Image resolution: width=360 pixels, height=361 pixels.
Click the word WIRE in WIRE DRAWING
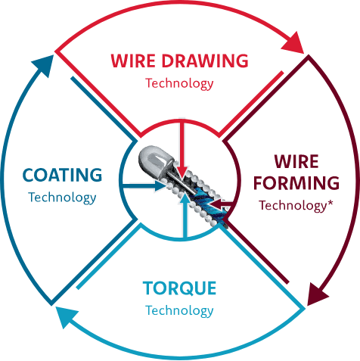coord(133,61)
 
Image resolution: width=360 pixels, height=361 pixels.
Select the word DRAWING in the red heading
coord(205,61)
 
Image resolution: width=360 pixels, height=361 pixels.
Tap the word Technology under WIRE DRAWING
coord(179,83)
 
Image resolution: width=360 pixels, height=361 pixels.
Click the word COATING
coord(62,175)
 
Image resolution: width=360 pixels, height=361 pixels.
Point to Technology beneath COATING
coord(62,198)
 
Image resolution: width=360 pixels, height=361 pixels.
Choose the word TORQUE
coord(179,288)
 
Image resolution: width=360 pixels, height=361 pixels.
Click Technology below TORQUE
coord(179,310)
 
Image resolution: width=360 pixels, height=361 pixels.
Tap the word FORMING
coord(296,182)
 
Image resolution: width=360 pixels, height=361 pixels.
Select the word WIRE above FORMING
coord(296,161)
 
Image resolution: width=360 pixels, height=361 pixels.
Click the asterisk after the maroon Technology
coord(330,203)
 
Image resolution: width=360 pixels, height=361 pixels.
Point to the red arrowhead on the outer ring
coord(293,43)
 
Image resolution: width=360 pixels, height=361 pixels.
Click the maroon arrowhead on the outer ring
coord(318,294)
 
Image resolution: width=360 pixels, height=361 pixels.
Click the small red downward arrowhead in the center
coord(182,173)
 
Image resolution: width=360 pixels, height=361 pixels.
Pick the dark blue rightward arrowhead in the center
coord(160,186)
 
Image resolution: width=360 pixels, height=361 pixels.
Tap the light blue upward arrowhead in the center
coord(185,198)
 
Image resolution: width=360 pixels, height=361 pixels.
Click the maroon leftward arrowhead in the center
coord(216,204)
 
